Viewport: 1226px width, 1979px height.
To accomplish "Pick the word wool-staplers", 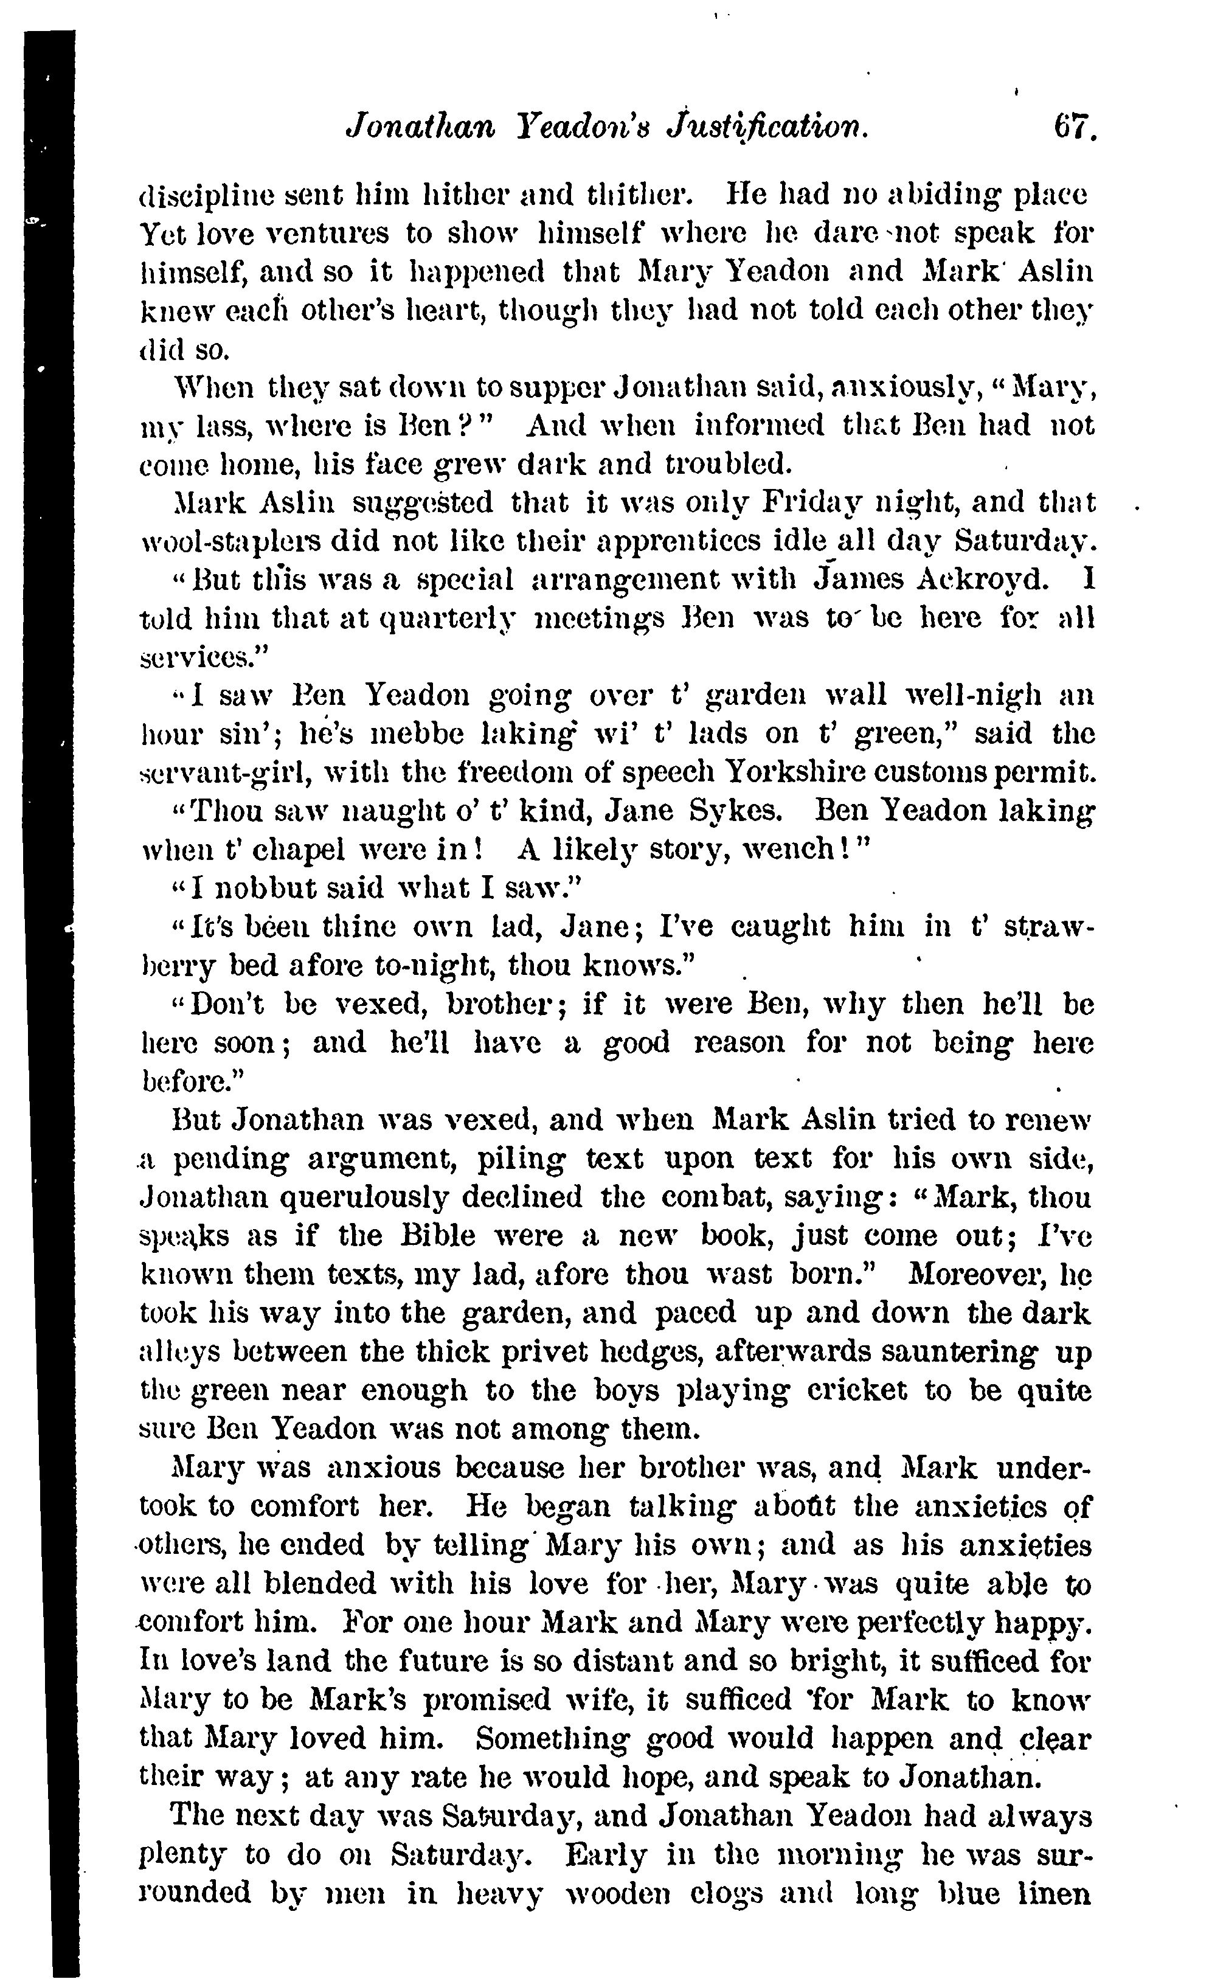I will point(236,541).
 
